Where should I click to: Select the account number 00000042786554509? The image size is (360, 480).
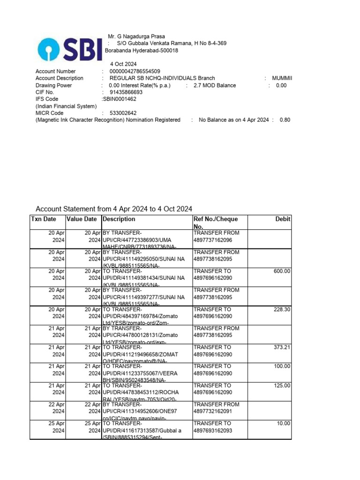click(135, 71)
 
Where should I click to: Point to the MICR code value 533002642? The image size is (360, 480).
click(123, 113)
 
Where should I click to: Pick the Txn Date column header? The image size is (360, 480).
click(44, 219)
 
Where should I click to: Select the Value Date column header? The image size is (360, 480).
click(82, 219)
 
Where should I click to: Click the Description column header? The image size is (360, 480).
click(119, 219)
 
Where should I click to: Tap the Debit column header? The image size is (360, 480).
click(283, 219)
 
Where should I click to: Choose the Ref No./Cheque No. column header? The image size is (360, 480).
click(216, 223)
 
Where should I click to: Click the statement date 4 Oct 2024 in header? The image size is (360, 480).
click(123, 64)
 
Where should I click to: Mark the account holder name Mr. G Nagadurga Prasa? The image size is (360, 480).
click(136, 37)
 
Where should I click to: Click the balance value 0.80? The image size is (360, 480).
click(285, 120)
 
